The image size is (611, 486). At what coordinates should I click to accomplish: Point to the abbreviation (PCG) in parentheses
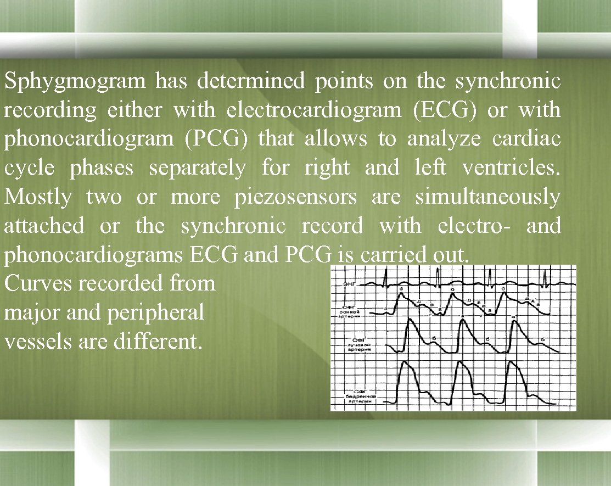217,139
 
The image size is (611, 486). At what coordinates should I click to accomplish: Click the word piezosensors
295,197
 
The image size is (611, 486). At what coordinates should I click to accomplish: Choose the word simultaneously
487,197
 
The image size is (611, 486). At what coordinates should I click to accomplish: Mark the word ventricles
511,168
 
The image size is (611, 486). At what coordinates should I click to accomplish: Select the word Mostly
38,197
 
